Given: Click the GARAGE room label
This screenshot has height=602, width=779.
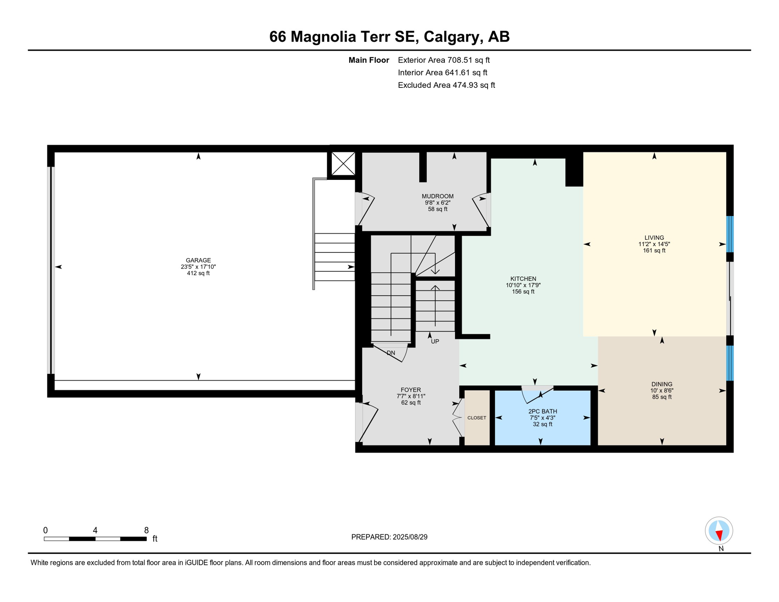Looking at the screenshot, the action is (198, 260).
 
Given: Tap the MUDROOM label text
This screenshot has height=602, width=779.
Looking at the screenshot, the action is (437, 196).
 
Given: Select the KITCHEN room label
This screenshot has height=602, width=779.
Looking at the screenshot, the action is (523, 279).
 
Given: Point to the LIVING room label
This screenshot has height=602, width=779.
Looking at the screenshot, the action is (654, 238).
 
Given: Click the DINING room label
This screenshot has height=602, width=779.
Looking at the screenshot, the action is (662, 384).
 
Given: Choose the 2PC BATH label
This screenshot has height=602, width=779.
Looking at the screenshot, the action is (543, 411).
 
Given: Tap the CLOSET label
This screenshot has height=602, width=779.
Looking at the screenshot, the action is (477, 418).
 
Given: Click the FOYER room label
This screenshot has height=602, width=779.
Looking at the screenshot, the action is (411, 390).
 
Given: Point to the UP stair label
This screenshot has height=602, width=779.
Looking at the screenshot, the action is (435, 341).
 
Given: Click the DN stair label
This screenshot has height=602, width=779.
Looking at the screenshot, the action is (391, 353).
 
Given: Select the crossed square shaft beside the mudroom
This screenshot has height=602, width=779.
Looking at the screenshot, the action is (343, 163).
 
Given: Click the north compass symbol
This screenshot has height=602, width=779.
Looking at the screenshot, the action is (719, 531).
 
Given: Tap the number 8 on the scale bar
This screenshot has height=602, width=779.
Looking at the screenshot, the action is (146, 530).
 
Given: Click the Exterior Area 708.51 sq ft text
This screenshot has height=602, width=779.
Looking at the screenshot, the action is (444, 60).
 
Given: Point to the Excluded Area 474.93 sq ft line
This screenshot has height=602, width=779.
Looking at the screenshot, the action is (446, 85).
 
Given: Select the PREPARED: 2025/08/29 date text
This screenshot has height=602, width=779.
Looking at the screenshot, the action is (389, 537).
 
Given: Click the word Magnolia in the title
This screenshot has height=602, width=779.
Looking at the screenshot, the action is (323, 37).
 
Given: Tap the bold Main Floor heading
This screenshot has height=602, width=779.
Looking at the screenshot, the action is (369, 60).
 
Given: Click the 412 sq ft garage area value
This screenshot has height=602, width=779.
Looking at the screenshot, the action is (198, 273).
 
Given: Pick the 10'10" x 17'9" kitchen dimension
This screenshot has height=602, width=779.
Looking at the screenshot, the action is (523, 285).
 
